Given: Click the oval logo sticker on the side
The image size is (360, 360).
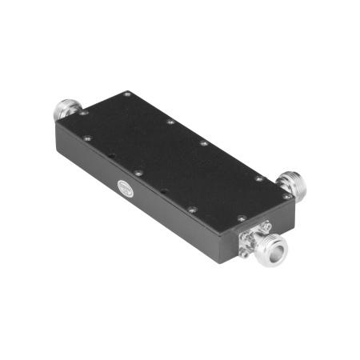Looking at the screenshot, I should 126,190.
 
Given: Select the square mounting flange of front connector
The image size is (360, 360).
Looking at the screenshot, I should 253,238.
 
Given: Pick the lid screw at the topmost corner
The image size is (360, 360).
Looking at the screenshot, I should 128,95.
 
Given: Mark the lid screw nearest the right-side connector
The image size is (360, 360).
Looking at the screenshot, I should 286,194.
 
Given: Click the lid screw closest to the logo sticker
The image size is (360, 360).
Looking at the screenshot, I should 138,172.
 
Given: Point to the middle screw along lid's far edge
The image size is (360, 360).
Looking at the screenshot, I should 204,144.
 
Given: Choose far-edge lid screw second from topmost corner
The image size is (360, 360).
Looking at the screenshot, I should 170,122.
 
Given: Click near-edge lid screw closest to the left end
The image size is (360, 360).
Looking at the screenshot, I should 87,138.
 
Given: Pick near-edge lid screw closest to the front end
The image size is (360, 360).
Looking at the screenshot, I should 191,210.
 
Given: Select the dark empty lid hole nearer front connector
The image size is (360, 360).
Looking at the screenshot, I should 164,190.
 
